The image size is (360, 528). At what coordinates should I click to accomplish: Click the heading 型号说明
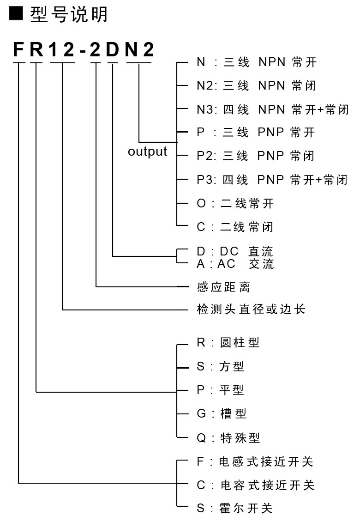(x=69, y=15)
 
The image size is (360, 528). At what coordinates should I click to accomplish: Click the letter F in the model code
(x=18, y=49)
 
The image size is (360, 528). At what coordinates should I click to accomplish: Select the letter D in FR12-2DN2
(x=112, y=49)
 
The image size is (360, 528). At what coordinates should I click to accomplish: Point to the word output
(x=147, y=151)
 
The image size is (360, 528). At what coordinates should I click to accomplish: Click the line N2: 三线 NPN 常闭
(x=256, y=85)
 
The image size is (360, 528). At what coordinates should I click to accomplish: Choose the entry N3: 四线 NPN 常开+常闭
(x=272, y=109)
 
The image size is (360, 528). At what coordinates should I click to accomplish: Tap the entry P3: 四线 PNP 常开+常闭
(x=272, y=180)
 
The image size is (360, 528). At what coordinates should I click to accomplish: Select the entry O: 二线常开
(x=235, y=203)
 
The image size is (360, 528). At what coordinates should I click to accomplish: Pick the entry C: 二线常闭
(x=235, y=227)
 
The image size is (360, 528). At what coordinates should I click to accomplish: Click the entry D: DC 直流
(x=235, y=251)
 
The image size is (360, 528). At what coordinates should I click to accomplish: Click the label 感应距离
(x=223, y=287)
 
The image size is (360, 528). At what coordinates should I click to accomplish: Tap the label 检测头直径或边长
(x=251, y=309)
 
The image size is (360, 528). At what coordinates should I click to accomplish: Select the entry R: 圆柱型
(x=228, y=342)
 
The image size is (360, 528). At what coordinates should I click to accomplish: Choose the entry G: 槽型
(x=222, y=413)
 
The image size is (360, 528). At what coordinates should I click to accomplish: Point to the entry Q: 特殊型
(x=228, y=438)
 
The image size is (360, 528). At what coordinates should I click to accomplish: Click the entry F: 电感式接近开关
(x=255, y=461)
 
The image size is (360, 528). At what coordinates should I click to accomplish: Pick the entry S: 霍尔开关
(x=234, y=508)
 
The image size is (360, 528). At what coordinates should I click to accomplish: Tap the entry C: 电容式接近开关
(x=256, y=485)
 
